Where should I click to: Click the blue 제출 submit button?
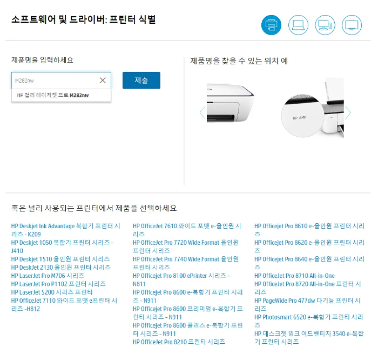pyautogui.click(x=141, y=81)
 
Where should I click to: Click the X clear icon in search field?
pyautogui.click(x=103, y=81)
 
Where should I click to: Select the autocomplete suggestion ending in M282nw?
pyautogui.click(x=53, y=95)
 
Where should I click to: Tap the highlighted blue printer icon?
pyautogui.click(x=271, y=24)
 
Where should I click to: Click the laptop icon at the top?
pyautogui.click(x=298, y=24)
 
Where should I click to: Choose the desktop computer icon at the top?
pyautogui.click(x=325, y=24)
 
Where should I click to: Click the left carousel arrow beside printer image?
pyautogui.click(x=202, y=113)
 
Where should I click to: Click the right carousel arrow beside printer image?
pyautogui.click(x=348, y=113)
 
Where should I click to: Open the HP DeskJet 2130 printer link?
pyautogui.click(x=60, y=268)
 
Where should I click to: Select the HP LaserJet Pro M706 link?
pyautogui.click(x=48, y=276)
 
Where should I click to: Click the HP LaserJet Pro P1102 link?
pyautogui.click(x=58, y=284)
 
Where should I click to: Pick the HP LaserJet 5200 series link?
pyautogui.click(x=52, y=292)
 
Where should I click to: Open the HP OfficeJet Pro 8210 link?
pyautogui.click(x=179, y=342)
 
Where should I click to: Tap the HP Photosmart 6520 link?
pyautogui.click(x=309, y=317)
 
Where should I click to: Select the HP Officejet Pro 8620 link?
pyautogui.click(x=309, y=243)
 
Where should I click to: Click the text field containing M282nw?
pyautogui.click(x=54, y=81)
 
